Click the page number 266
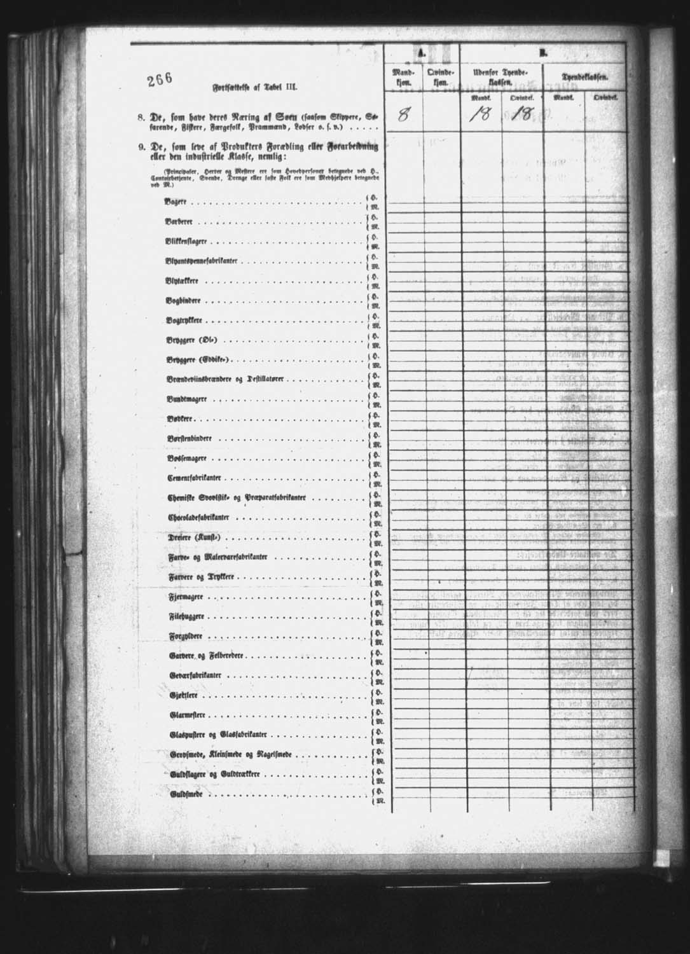[x=160, y=79]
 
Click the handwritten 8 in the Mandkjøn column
[x=403, y=116]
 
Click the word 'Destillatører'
[x=264, y=380]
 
